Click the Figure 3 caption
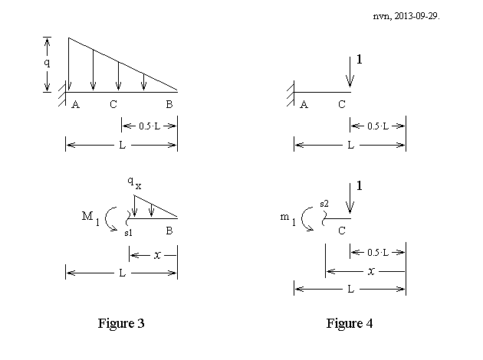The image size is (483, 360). pyautogui.click(x=121, y=323)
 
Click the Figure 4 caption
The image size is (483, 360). pyautogui.click(x=350, y=323)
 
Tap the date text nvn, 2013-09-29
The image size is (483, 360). pyautogui.click(x=406, y=16)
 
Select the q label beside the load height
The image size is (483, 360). pyautogui.click(x=47, y=63)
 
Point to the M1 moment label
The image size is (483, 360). pyautogui.click(x=91, y=218)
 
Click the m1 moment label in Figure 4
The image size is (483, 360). pyautogui.click(x=288, y=219)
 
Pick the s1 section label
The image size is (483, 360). pyautogui.click(x=129, y=233)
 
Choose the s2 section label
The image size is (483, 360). pyautogui.click(x=324, y=204)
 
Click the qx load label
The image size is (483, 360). pyautogui.click(x=135, y=183)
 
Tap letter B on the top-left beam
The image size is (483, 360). pyautogui.click(x=169, y=104)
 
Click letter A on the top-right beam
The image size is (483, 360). pyautogui.click(x=304, y=105)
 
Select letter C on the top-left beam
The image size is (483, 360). pyautogui.click(x=113, y=105)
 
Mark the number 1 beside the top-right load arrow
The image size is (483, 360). pyautogui.click(x=359, y=60)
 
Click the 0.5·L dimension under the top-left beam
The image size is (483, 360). pyautogui.click(x=149, y=126)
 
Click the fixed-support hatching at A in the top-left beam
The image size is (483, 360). pyautogui.click(x=62, y=94)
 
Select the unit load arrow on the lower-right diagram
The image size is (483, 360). pyautogui.click(x=350, y=198)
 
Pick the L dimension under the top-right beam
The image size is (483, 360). pyautogui.click(x=350, y=145)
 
